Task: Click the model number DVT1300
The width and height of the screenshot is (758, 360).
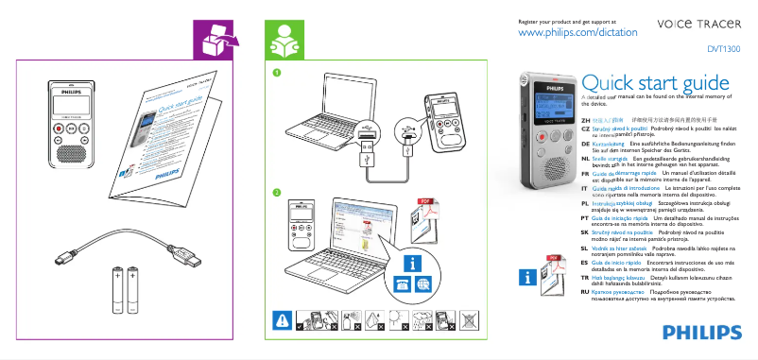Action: tap(724, 48)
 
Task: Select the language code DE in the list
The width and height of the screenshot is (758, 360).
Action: tap(585, 143)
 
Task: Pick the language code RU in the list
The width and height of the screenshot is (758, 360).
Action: tap(585, 294)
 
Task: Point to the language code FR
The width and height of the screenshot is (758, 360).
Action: tap(585, 174)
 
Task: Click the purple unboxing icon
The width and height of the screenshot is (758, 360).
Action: tap(215, 40)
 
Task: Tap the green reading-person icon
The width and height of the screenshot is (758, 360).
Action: tap(284, 40)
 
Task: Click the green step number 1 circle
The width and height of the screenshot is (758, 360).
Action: tap(277, 72)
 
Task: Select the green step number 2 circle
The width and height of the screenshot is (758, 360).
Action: tap(277, 193)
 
